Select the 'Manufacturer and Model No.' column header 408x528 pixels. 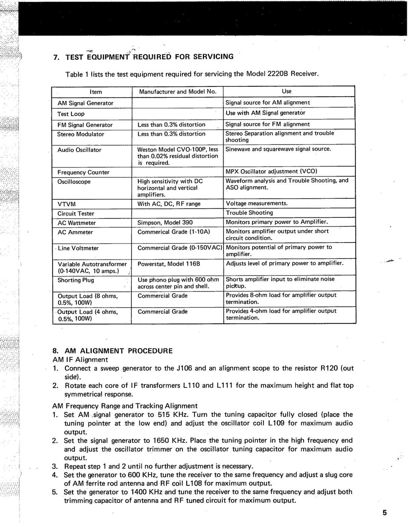(x=177, y=92)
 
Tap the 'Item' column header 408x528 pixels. (x=96, y=92)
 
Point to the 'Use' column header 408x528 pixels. (x=286, y=91)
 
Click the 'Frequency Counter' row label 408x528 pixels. (x=83, y=172)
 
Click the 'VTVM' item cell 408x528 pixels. (x=67, y=204)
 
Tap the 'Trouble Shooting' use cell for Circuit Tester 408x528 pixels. (x=249, y=213)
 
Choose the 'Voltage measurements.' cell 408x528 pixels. (x=257, y=203)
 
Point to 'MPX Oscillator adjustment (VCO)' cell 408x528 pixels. (x=271, y=172)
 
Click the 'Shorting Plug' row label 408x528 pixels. (x=76, y=280)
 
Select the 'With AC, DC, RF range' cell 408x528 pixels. (x=169, y=204)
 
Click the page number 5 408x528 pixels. (x=384, y=512)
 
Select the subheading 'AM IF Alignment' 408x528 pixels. (x=80, y=360)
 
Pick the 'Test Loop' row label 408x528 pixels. (x=71, y=114)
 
